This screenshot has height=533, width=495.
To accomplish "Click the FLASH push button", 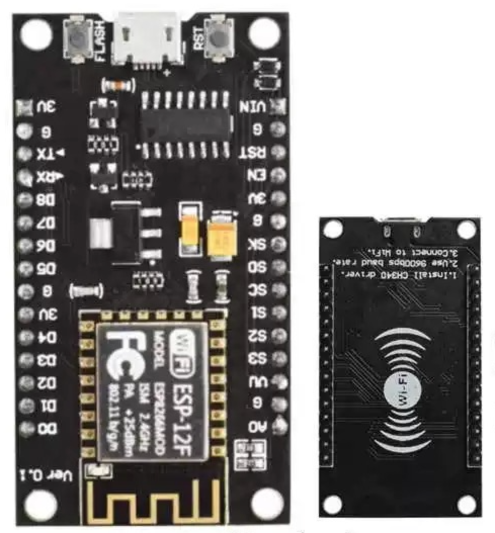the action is tap(77, 39).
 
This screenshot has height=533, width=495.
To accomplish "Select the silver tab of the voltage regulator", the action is tap(100, 234).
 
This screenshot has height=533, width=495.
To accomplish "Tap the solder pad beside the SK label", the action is tap(277, 244).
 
